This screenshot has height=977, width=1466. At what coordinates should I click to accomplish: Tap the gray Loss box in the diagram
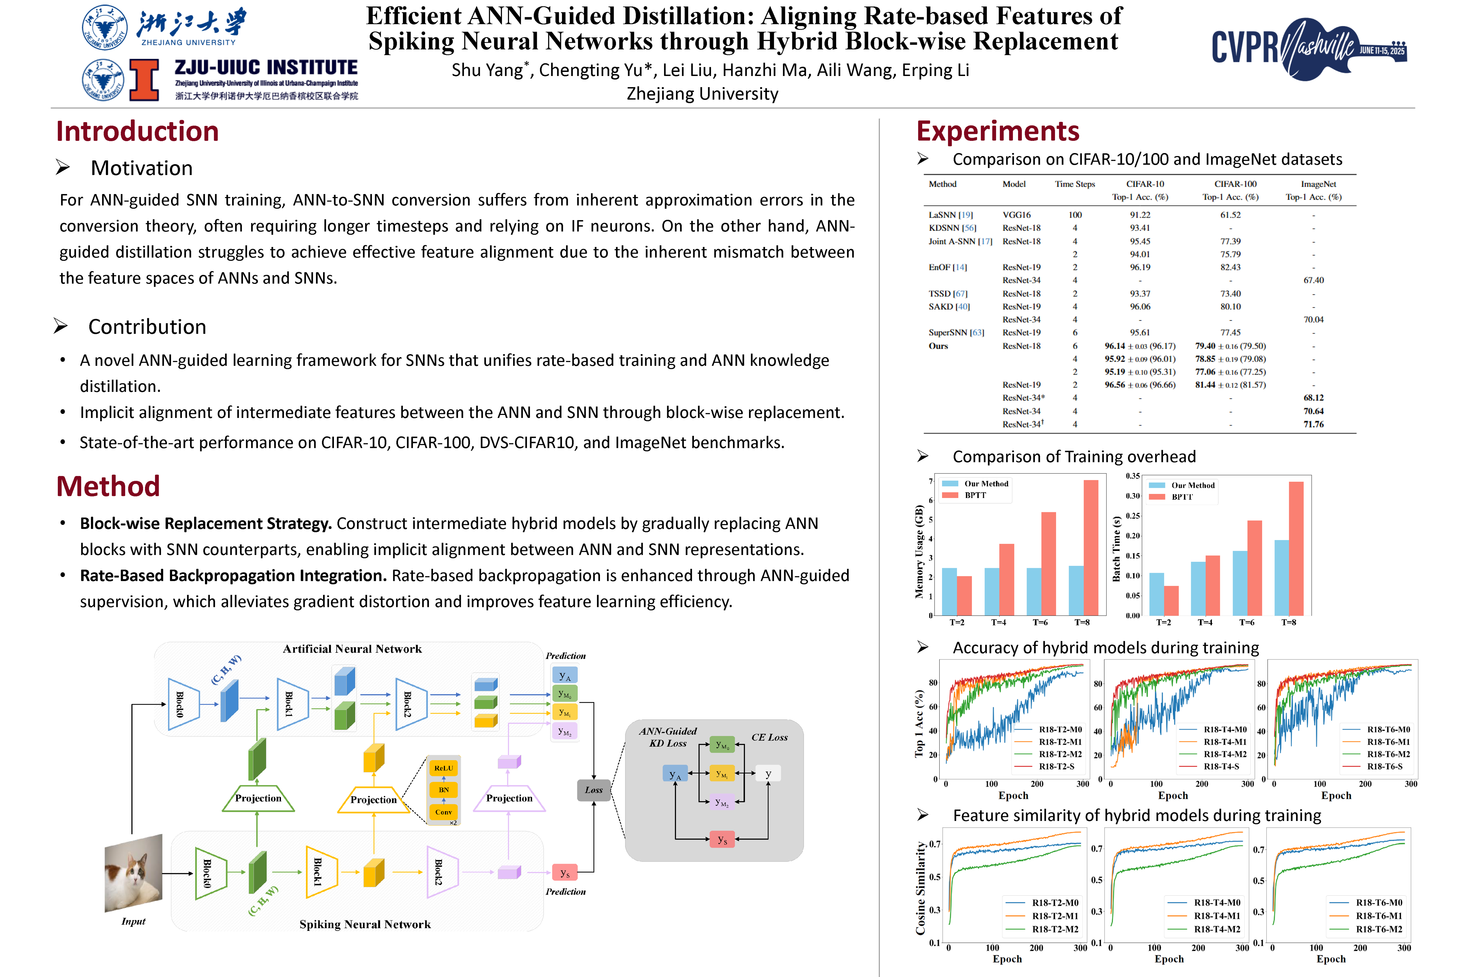[x=594, y=790]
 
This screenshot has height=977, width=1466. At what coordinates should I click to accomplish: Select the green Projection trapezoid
[x=258, y=798]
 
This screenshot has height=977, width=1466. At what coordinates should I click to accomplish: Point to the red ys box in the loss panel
[x=722, y=839]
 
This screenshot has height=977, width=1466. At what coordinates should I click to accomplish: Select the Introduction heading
[x=137, y=132]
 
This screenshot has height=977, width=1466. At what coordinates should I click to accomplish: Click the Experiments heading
[x=997, y=132]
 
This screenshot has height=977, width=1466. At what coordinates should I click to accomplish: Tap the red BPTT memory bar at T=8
[x=1091, y=547]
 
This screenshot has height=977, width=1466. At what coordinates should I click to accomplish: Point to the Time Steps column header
[x=1075, y=184]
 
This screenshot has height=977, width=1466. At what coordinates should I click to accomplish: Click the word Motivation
[x=142, y=168]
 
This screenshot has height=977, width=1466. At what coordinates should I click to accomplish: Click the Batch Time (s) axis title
[x=1116, y=548]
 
